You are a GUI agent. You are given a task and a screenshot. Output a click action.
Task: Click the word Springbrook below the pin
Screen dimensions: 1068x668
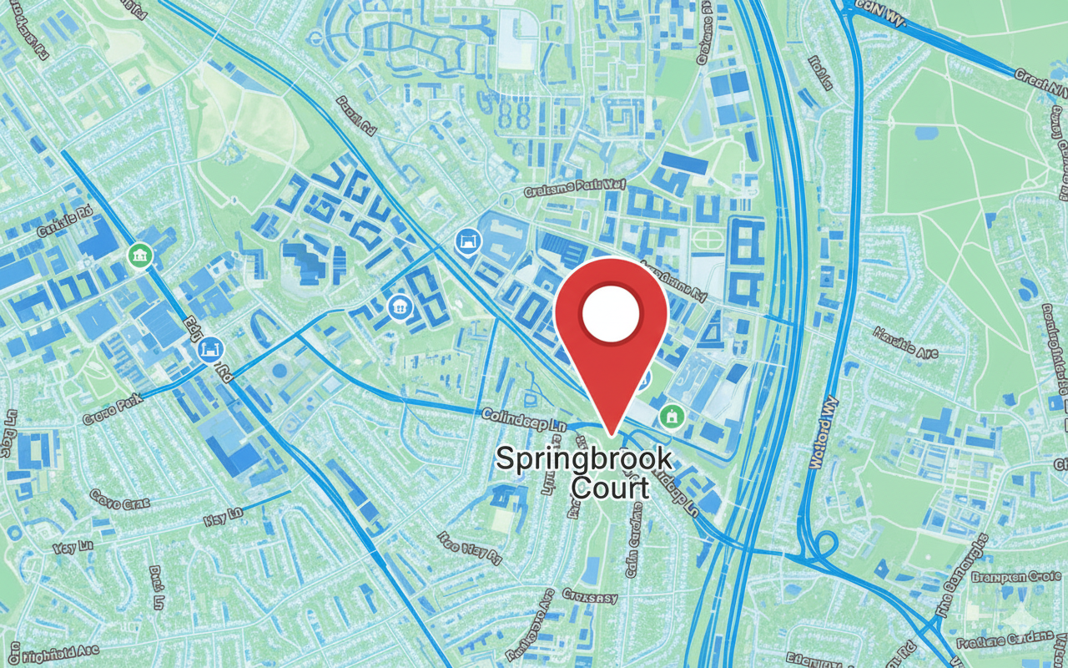coord(583,459)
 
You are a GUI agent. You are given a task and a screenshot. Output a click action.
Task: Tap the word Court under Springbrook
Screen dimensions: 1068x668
coord(610,488)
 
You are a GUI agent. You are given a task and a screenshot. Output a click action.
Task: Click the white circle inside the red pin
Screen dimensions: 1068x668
coord(611,315)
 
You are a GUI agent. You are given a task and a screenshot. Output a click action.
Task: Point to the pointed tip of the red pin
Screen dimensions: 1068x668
coord(612,434)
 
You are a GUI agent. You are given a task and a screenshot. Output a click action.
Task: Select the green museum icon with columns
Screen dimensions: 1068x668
coord(139,255)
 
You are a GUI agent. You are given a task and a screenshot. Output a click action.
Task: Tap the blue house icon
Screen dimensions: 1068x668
coord(400,307)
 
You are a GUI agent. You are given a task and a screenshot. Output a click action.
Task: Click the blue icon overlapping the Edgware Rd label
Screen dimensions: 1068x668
coord(210,351)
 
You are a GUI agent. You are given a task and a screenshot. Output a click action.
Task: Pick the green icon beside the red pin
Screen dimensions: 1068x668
coord(670,415)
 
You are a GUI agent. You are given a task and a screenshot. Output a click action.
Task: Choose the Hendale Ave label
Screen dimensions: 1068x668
coord(905,342)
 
